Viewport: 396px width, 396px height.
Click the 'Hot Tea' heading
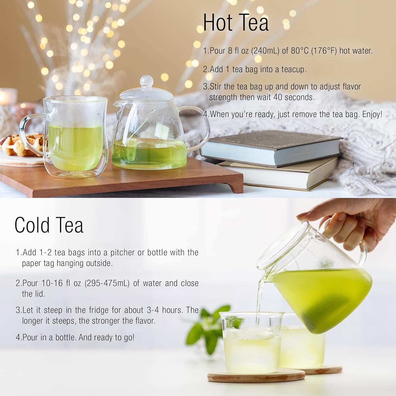click(x=236, y=23)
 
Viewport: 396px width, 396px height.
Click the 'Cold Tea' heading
click(x=49, y=225)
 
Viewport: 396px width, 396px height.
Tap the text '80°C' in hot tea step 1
click(x=299, y=51)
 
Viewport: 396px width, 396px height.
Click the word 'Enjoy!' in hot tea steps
click(x=372, y=114)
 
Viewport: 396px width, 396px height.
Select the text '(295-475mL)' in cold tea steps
click(x=107, y=283)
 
